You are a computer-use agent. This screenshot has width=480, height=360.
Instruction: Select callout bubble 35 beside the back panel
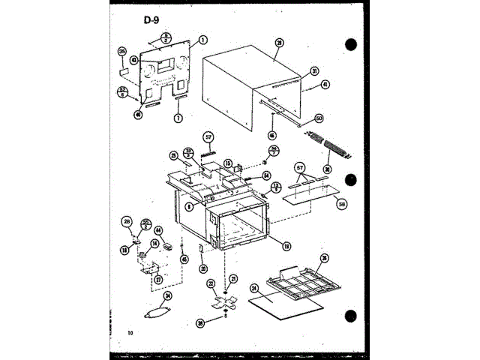(122, 52)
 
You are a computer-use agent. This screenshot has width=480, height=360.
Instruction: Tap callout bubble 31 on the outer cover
(315, 71)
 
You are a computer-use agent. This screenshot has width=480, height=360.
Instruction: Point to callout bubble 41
(325, 85)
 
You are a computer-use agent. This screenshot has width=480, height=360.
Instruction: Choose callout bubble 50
(318, 118)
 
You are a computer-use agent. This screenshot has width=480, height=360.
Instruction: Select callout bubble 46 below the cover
(271, 136)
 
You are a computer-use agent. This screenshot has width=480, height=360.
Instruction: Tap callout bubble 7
(178, 118)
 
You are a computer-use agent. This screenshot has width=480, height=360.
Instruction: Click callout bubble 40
(138, 115)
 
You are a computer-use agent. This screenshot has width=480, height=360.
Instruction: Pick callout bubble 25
(173, 156)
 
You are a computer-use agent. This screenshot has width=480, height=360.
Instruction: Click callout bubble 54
(265, 175)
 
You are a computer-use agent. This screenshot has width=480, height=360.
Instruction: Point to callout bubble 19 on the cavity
(286, 244)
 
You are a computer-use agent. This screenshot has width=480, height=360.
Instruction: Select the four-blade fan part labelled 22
(222, 304)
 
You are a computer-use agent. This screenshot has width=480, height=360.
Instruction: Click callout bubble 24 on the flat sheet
(254, 287)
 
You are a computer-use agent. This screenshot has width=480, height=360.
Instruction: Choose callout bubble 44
(159, 231)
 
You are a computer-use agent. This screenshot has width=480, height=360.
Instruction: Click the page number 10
(130, 332)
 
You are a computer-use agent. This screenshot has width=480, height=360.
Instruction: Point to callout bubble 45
(184, 259)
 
